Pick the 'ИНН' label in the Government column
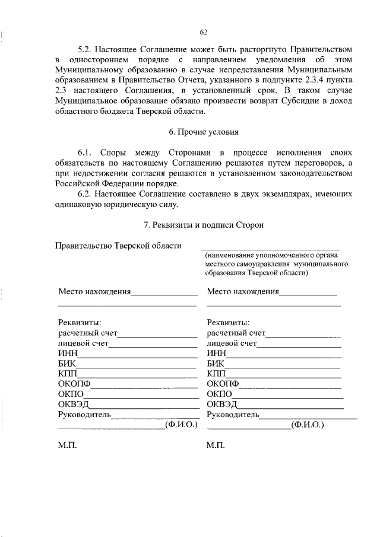click(66, 354)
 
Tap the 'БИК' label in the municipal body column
click(216, 364)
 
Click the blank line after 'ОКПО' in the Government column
click(143, 396)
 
